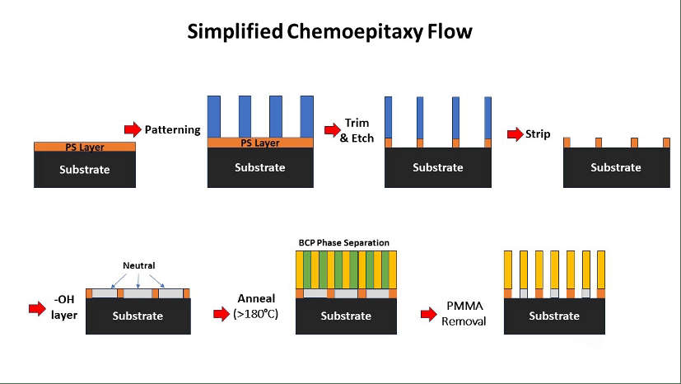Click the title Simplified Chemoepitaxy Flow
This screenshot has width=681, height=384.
329,32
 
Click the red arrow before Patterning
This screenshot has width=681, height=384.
132,129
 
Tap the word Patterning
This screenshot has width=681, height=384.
173,129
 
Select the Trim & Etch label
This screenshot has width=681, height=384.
357,130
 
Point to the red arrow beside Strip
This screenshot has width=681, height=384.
515,133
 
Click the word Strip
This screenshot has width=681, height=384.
538,133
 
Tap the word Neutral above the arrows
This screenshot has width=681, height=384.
138,266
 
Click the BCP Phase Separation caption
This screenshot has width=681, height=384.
343,243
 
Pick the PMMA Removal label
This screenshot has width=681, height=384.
463,313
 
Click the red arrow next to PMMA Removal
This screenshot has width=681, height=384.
428,313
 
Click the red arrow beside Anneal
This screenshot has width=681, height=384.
221,313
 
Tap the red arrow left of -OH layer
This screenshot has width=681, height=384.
37,309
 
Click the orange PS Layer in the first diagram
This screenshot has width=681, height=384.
85,147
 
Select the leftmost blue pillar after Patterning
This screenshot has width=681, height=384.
214,116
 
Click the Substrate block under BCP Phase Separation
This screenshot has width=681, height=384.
346,316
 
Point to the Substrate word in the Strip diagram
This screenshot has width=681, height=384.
615,167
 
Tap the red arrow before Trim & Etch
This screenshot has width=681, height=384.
332,129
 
